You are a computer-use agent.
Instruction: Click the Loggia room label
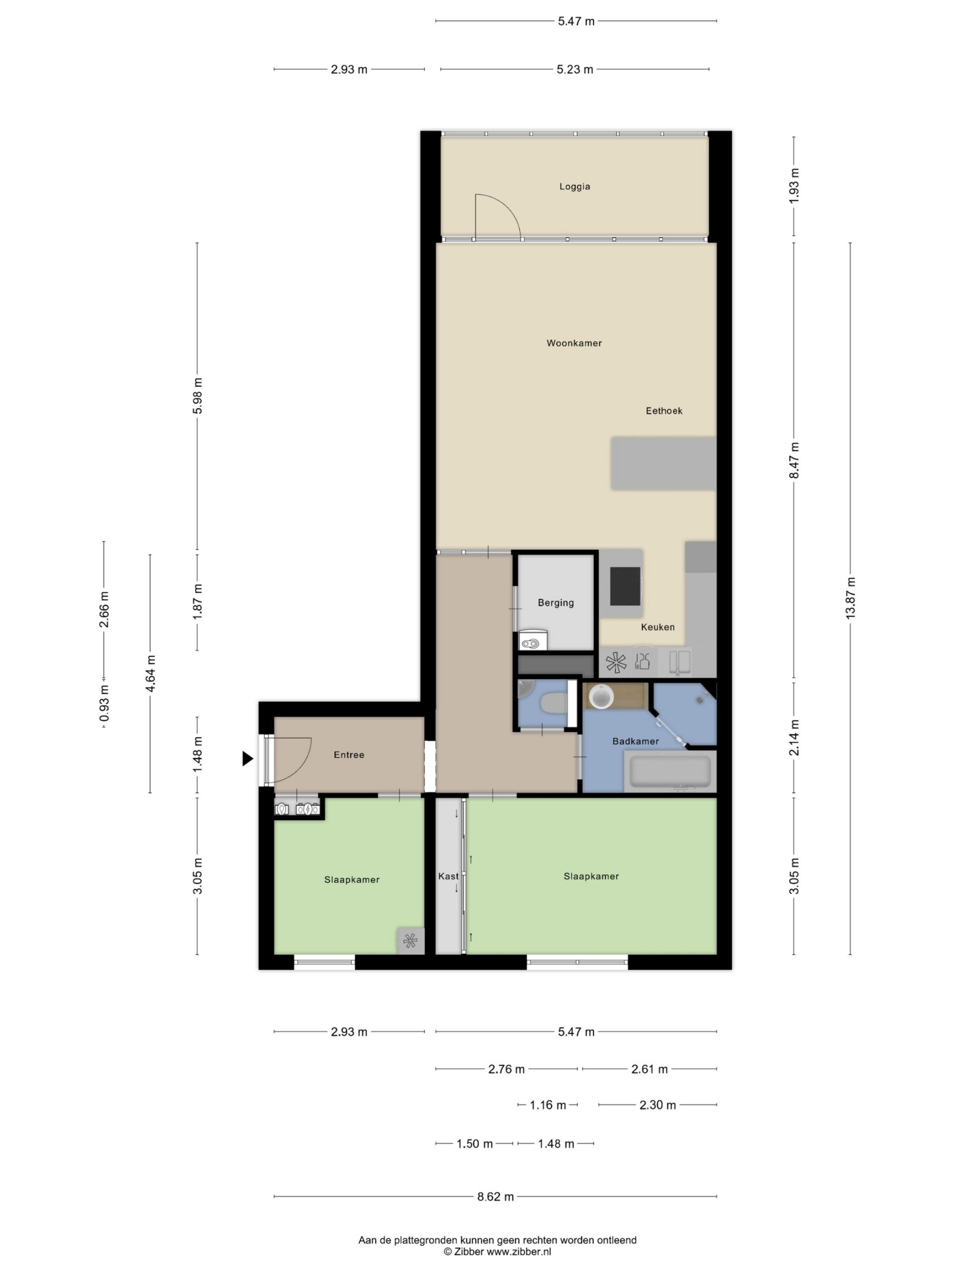click(x=574, y=186)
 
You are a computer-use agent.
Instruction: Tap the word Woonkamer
click(x=574, y=343)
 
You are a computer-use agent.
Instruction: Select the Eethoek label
click(x=664, y=410)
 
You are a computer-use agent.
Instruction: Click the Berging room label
click(x=556, y=603)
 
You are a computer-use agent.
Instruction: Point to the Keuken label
click(x=657, y=627)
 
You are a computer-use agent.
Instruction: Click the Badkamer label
click(x=636, y=741)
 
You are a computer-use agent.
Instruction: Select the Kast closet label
click(x=449, y=876)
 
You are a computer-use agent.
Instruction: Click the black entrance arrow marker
click(x=247, y=759)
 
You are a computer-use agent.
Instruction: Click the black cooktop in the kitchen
click(x=625, y=586)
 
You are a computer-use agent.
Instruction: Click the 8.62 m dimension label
click(x=495, y=1196)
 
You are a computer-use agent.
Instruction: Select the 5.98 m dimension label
click(x=197, y=396)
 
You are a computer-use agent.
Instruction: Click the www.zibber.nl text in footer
click(x=519, y=1251)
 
